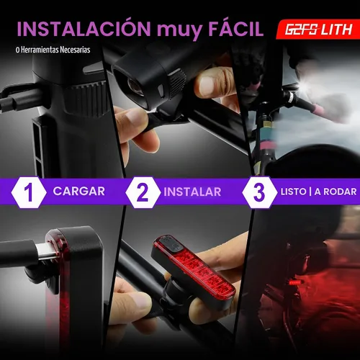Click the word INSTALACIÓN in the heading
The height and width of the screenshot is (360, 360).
click(84, 29)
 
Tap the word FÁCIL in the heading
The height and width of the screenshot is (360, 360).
click(236, 29)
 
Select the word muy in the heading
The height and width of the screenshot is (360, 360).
click(179, 31)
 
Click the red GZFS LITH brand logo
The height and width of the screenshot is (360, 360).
click(318, 30)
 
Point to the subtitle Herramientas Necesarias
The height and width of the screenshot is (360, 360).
click(55, 50)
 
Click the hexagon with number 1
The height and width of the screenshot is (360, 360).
click(29, 192)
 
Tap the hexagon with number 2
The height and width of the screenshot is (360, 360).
click(143, 192)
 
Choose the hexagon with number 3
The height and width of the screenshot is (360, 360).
click(260, 192)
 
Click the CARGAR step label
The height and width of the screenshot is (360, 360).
click(79, 192)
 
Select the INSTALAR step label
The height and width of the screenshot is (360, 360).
click(192, 192)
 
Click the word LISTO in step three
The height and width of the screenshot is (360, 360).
click(294, 192)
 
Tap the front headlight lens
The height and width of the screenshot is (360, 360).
click(135, 86)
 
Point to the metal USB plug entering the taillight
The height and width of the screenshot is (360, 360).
click(48, 252)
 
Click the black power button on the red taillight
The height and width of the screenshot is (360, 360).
click(171, 245)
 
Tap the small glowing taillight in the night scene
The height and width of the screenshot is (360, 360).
click(294, 282)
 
